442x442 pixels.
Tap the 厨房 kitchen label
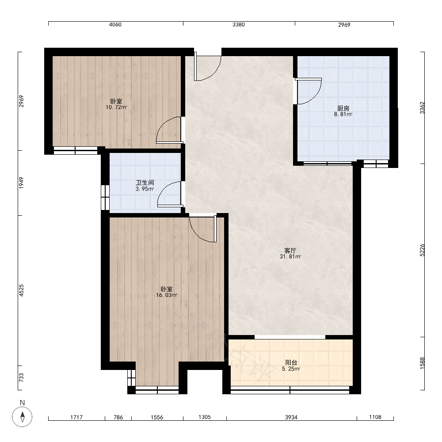pyautogui.click(x=343, y=108)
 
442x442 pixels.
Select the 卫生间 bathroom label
pyautogui.click(x=145, y=183)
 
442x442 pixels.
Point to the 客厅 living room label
pyautogui.click(x=290, y=250)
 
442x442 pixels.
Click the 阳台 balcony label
pyautogui.click(x=291, y=362)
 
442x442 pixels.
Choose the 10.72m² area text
pyautogui.click(x=116, y=107)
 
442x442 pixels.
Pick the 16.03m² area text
pyautogui.click(x=167, y=295)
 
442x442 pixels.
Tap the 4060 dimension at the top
pyautogui.click(x=115, y=24)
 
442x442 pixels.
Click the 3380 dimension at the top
pyautogui.click(x=239, y=24)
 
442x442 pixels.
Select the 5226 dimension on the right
pyautogui.click(x=422, y=250)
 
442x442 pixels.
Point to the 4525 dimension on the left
pyautogui.click(x=21, y=290)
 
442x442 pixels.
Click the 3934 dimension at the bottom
pyautogui.click(x=291, y=417)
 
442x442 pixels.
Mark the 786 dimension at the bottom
pyautogui.click(x=118, y=417)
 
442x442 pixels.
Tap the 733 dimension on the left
pyautogui.click(x=21, y=378)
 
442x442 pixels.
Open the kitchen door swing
pyautogui.click(x=309, y=91)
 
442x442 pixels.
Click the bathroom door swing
pyautogui.click(x=169, y=194)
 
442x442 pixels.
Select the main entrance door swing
pyautogui.click(x=207, y=67)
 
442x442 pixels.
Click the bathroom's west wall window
pyautogui.click(x=105, y=197)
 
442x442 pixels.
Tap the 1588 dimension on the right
pyautogui.click(x=422, y=363)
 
